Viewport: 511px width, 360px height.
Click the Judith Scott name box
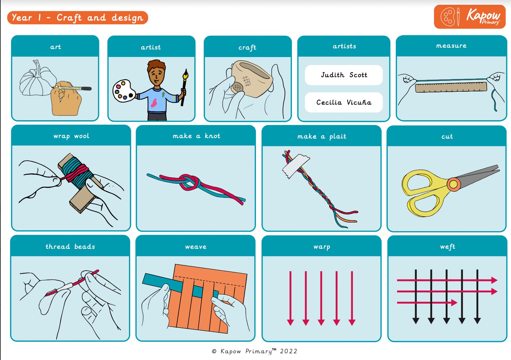click(x=344, y=75)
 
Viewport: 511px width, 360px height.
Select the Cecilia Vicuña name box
click(x=344, y=102)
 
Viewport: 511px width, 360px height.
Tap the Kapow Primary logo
click(x=470, y=17)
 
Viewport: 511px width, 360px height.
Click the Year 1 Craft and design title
click(x=78, y=18)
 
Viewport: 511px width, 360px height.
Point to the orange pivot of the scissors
click(x=454, y=184)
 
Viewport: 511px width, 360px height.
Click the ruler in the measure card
click(x=451, y=87)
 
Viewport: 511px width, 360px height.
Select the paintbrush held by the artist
click(x=184, y=87)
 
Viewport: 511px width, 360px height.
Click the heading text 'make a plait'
click(x=322, y=136)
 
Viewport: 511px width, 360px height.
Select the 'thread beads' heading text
click(x=70, y=247)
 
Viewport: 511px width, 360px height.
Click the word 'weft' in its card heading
click(x=447, y=247)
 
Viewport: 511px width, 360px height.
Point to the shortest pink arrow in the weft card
click(x=427, y=303)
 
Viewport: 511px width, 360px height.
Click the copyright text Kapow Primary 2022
click(x=254, y=351)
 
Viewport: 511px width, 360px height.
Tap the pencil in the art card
click(x=72, y=88)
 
